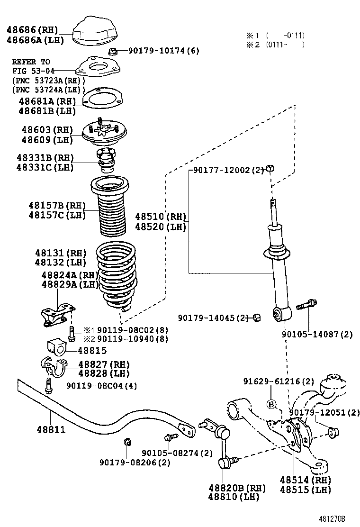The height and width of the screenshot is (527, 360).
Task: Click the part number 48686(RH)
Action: point(32,30)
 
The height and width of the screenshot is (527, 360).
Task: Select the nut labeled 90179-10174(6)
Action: point(113,51)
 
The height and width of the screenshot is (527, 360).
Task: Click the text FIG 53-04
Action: point(33,71)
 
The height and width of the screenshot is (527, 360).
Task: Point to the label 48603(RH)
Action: point(47,130)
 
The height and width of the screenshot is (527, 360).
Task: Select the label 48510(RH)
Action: point(161,217)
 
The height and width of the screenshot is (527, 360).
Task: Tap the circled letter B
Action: point(271,404)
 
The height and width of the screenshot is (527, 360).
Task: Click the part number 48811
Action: point(51,429)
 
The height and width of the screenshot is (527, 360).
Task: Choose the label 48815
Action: point(92,351)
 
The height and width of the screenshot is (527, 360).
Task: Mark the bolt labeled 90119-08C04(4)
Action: point(48,385)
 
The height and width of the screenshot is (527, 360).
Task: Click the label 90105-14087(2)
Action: point(317,335)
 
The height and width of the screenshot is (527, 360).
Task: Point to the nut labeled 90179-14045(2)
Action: point(256,317)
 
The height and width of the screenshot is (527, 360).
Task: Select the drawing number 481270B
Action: point(332,518)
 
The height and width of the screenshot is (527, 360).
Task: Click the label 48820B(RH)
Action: point(237,488)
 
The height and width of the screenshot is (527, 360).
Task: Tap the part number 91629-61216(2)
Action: point(279,382)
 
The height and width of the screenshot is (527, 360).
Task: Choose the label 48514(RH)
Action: point(305,480)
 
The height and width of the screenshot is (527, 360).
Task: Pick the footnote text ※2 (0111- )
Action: point(275,45)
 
